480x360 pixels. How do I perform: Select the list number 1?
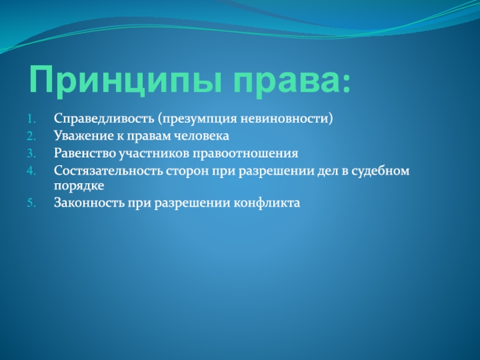(x=32, y=119)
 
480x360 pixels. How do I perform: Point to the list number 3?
(x=32, y=153)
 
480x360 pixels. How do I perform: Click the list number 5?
(x=32, y=203)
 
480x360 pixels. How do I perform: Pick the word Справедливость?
(x=104, y=119)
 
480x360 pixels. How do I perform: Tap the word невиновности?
(x=284, y=118)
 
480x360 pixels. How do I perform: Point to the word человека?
(x=202, y=136)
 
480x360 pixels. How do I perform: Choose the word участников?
(x=154, y=153)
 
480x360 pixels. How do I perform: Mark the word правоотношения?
(x=245, y=153)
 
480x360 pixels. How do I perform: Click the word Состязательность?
(x=109, y=171)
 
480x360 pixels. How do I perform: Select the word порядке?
(x=79, y=186)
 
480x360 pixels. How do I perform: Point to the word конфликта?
(x=266, y=203)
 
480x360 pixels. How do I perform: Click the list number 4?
(x=32, y=170)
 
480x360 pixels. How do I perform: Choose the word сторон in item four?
(x=186, y=171)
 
